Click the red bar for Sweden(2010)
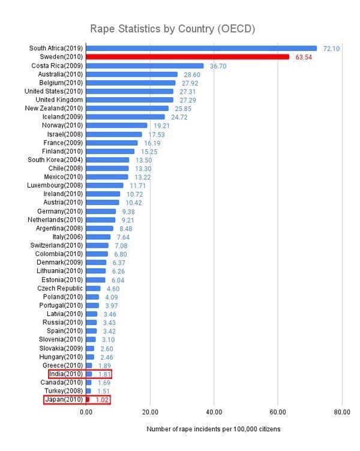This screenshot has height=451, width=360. (187, 57)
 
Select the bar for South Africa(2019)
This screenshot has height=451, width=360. (201, 48)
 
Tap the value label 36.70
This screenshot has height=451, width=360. (218, 66)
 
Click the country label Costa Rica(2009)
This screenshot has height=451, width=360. (57, 65)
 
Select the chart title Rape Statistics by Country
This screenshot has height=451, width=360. (173, 29)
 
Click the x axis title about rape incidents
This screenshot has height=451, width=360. (213, 430)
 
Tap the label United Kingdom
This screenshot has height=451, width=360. (59, 100)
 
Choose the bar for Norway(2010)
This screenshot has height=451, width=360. (116, 125)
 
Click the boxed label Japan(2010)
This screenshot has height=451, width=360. (62, 399)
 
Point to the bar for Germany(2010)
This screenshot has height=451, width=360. (101, 211)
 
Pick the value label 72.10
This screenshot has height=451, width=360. (332, 48)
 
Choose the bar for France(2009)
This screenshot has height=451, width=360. (112, 143)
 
